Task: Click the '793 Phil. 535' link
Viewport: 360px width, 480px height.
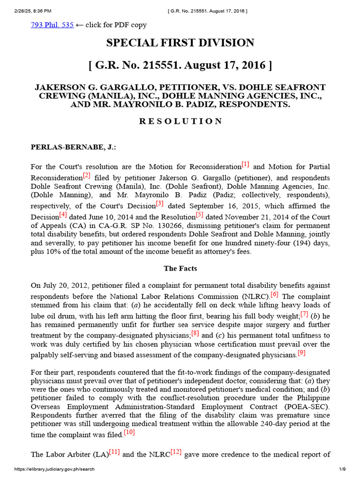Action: click(52, 25)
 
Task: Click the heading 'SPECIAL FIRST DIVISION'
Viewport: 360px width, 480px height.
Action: click(180, 43)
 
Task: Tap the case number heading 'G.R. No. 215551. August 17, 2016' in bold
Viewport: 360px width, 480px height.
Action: click(180, 65)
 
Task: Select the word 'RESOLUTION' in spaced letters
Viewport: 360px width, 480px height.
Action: click(180, 121)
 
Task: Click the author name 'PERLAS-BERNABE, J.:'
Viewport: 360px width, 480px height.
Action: click(73, 147)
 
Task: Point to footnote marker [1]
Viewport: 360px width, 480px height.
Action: click(245, 165)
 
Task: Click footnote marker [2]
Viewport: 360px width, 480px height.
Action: click(87, 176)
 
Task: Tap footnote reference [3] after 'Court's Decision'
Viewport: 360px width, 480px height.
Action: click(160, 204)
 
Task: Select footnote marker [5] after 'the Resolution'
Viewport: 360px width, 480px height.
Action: click(200, 215)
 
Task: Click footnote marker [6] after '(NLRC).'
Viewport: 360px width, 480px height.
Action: click(275, 294)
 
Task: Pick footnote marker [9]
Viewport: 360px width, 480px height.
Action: click(301, 352)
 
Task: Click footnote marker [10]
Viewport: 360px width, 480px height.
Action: click(129, 432)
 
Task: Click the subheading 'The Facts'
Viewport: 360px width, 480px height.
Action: click(180, 269)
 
